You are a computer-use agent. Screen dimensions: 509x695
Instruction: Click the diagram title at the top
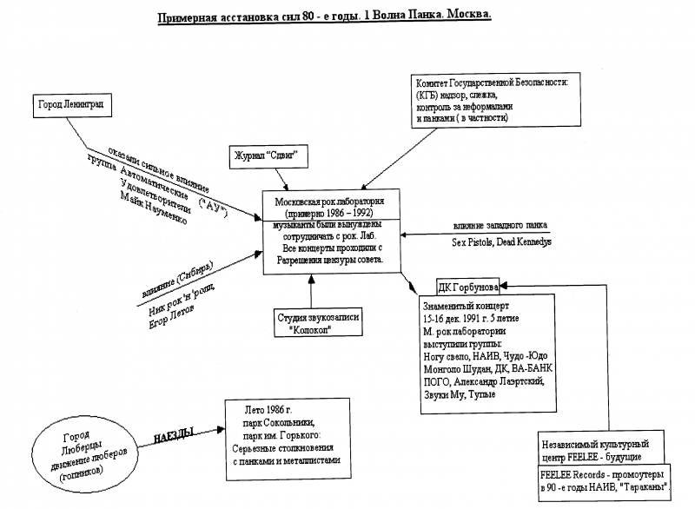tap(324, 18)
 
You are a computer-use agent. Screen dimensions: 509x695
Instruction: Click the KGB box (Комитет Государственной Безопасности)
tap(490, 99)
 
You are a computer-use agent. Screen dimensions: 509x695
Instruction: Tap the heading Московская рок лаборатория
tap(330, 201)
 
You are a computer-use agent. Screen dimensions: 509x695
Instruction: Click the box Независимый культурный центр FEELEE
tap(603, 450)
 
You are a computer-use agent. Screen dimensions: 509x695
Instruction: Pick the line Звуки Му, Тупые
tap(458, 395)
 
